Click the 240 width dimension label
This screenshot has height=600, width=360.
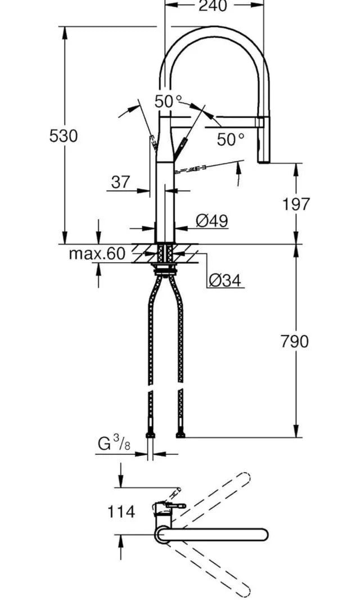(213, 6)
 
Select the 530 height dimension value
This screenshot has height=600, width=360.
(64, 136)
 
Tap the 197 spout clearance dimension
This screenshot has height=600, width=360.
(296, 204)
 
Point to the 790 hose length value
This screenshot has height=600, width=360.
(295, 341)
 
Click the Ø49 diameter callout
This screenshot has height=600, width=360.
(212, 221)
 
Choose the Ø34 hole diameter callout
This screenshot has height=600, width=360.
(225, 281)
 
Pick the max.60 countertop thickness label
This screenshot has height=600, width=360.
(97, 253)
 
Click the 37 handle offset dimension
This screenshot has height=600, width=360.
(121, 182)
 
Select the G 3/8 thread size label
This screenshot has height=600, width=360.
(114, 444)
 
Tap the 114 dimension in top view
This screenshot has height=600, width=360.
(121, 512)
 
